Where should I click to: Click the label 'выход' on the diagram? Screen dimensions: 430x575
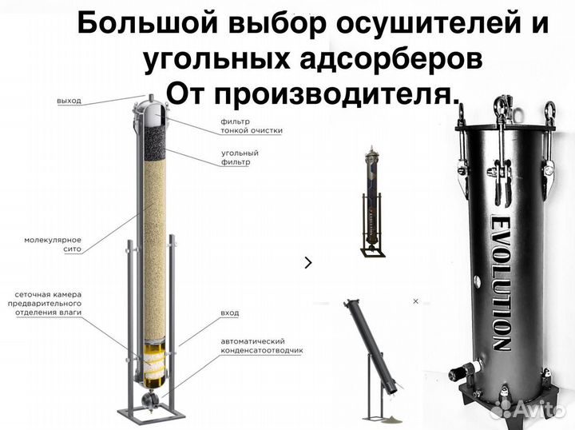click(69, 102)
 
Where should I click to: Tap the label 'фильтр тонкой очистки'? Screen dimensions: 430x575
click(252, 125)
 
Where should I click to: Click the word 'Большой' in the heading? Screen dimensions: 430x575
click(135, 24)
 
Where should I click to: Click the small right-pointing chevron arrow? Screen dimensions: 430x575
click(309, 261)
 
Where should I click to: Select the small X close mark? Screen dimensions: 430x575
click(414, 301)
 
